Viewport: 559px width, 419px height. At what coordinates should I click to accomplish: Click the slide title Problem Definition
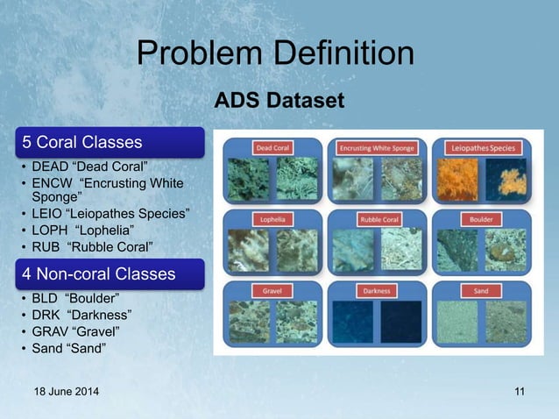coord(275,54)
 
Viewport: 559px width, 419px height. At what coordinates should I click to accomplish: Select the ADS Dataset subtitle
coord(279,103)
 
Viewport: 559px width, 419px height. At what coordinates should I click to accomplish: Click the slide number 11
coord(519,392)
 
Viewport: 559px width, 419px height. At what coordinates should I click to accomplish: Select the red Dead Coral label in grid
coord(272,148)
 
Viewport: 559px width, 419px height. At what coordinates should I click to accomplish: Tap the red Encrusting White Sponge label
coord(379,148)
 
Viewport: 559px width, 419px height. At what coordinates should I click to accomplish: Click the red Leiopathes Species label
coord(485,148)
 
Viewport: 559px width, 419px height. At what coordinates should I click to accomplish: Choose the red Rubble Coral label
coord(379,219)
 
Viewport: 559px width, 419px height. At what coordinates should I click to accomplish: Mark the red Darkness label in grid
coord(379,289)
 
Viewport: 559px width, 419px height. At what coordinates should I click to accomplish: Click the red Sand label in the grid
coord(485,289)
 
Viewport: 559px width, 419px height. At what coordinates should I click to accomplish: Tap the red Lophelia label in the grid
coord(272,219)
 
